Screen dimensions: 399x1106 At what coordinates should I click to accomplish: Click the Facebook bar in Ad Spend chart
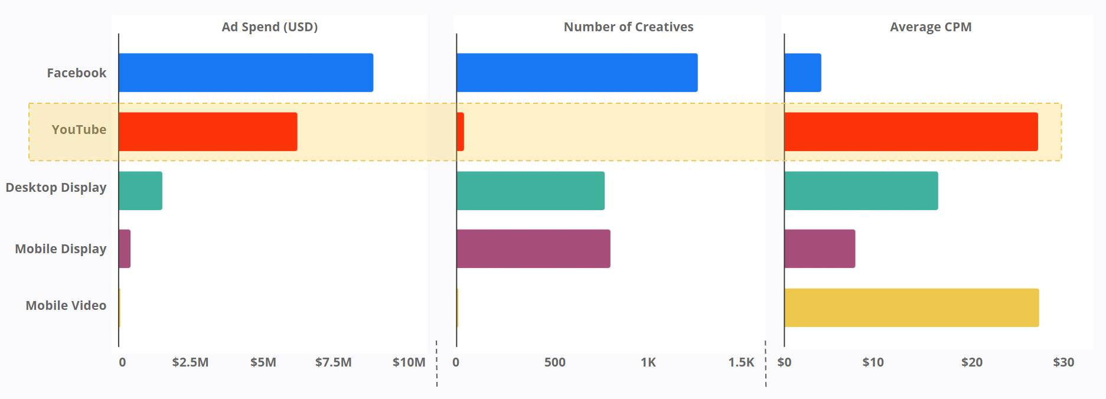(x=246, y=73)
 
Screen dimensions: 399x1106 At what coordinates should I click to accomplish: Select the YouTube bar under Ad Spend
(x=208, y=132)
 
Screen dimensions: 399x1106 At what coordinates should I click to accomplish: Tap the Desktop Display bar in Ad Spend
(x=141, y=191)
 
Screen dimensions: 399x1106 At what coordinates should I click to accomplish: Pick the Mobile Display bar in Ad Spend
(x=125, y=248)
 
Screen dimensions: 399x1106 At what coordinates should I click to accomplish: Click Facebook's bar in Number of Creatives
(x=577, y=73)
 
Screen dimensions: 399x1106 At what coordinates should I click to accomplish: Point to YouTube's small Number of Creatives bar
(x=461, y=132)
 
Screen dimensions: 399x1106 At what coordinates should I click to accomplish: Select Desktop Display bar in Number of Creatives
(x=530, y=191)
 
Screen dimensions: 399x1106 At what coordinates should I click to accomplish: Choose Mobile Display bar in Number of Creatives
(x=533, y=248)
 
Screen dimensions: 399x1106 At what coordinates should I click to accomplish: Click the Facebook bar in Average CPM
(x=802, y=73)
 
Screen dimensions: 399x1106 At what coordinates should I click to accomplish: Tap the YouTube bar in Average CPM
(x=911, y=132)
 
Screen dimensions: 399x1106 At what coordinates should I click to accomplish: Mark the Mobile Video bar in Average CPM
(x=912, y=308)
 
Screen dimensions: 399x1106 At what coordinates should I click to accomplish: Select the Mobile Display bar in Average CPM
(x=820, y=248)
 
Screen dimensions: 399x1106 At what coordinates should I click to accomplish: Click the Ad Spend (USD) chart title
(x=270, y=27)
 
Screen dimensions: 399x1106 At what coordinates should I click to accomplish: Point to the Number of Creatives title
(x=628, y=27)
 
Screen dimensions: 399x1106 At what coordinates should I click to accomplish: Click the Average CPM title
(x=931, y=27)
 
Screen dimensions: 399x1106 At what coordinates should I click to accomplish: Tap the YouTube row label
(x=79, y=130)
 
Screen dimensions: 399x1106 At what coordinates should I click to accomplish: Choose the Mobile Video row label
(x=66, y=306)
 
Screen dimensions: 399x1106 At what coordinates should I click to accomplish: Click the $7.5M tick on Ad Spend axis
(x=333, y=362)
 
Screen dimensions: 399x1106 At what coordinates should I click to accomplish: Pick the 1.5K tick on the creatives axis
(x=741, y=362)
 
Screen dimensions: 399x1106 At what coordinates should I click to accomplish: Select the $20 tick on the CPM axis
(x=971, y=362)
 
